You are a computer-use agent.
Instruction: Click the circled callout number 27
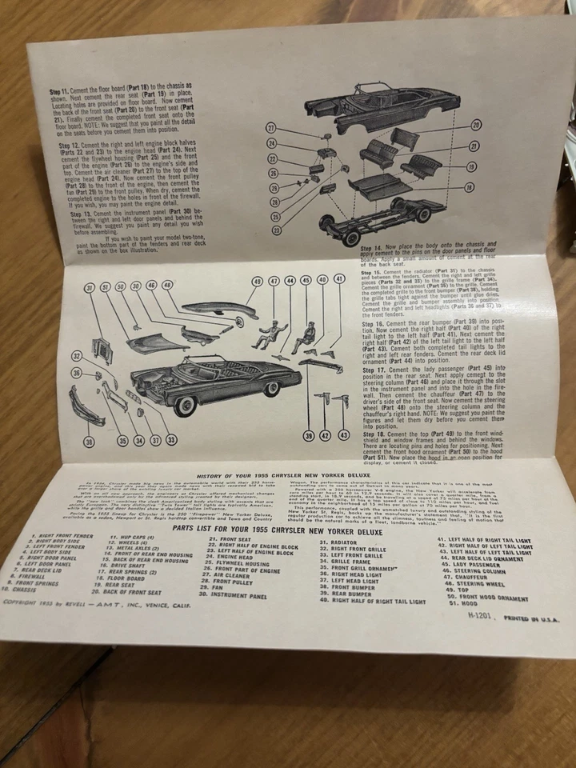[x=271, y=129]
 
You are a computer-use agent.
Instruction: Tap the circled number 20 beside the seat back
[x=475, y=126]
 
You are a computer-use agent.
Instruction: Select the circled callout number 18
[x=470, y=186]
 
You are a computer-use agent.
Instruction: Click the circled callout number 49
[x=257, y=282]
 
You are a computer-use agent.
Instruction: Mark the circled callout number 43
[x=343, y=435]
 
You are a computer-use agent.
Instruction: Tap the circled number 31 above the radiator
[x=90, y=287]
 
